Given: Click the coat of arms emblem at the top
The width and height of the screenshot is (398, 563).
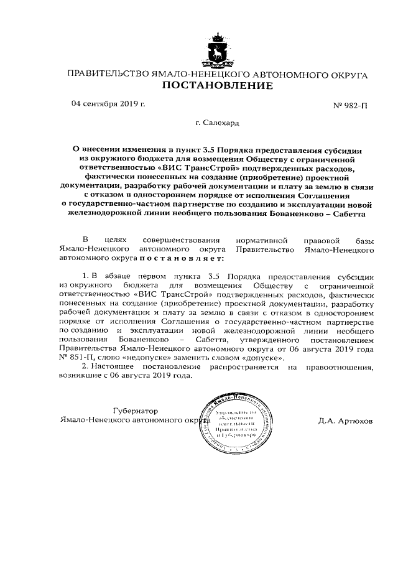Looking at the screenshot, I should click(x=217, y=50).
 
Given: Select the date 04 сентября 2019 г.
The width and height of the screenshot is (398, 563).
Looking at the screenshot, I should click(x=108, y=103).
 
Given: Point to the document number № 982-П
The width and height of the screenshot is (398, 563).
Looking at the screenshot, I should click(x=351, y=105).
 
